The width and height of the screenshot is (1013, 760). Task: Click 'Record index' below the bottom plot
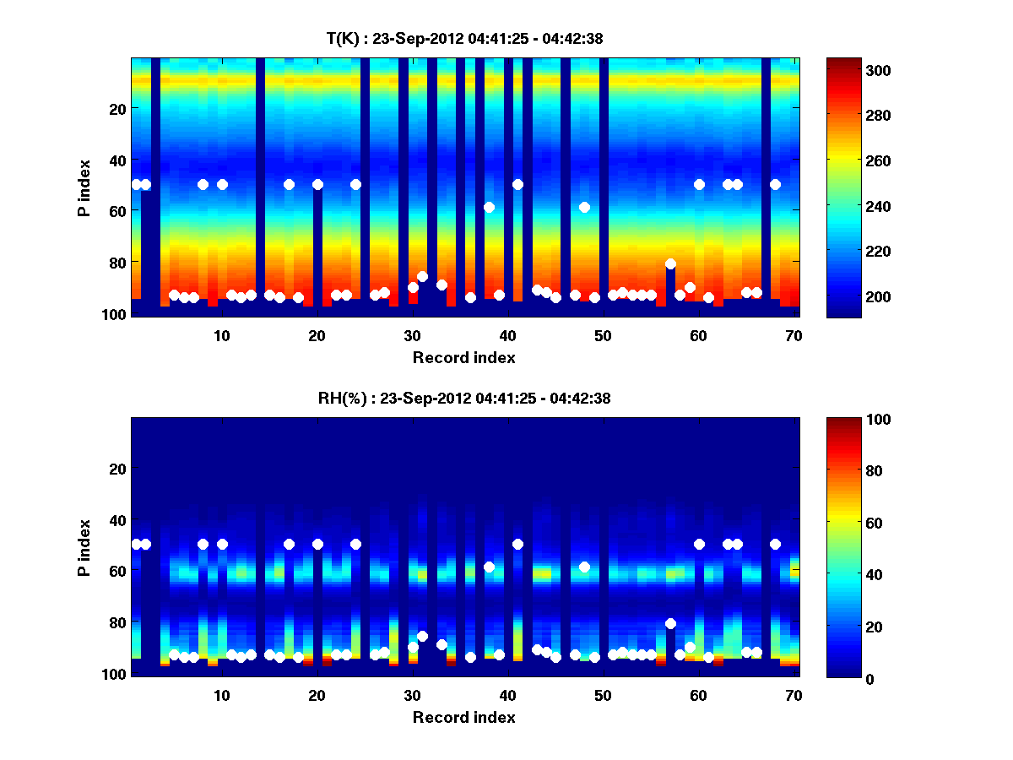point(463,718)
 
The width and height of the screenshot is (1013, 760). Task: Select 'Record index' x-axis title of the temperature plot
point(463,358)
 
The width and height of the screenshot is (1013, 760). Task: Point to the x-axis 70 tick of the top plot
point(794,335)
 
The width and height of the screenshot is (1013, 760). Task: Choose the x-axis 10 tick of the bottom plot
point(221,695)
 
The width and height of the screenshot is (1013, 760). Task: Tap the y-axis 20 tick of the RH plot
point(116,469)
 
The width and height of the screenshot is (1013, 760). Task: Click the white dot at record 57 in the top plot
point(670,263)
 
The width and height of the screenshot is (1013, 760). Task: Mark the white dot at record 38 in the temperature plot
point(489,207)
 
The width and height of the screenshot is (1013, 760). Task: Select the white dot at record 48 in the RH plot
point(584,567)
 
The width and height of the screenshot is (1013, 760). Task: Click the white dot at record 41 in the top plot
point(517,184)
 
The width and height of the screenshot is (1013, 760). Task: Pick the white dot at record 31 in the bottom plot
point(422,636)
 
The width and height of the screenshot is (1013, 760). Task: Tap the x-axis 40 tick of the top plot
point(507,335)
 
